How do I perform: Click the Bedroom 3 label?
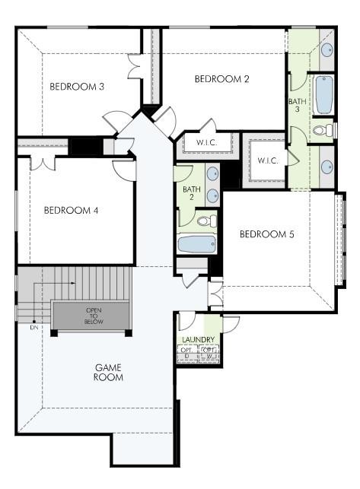tap(77, 86)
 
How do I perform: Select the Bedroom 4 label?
tap(71, 210)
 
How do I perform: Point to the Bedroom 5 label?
tap(266, 233)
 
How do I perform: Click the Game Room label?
tap(109, 372)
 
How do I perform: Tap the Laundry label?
tap(198, 339)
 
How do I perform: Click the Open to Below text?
tap(94, 316)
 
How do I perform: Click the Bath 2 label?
tap(191, 193)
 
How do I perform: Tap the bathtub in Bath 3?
tap(323, 94)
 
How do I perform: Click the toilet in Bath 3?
tap(325, 130)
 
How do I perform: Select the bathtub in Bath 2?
tap(196, 244)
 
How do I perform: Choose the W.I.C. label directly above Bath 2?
tap(207, 142)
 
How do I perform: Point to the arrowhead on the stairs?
tap(74, 282)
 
